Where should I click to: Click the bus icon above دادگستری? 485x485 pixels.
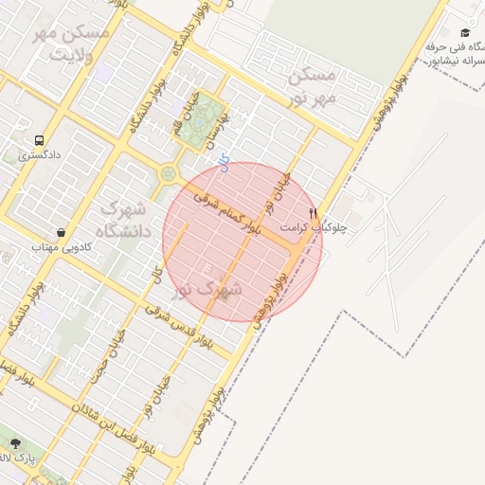[x=39, y=139]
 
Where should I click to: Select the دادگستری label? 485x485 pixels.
[x=39, y=153]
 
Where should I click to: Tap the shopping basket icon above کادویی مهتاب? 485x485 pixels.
[x=62, y=232]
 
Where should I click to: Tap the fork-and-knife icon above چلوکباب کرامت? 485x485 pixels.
[x=314, y=213]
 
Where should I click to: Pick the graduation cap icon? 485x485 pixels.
[x=465, y=33]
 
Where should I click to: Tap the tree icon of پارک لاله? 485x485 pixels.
[x=14, y=442]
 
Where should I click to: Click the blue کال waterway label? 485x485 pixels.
[x=223, y=163]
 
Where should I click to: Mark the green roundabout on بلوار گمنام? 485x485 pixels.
[x=169, y=174]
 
